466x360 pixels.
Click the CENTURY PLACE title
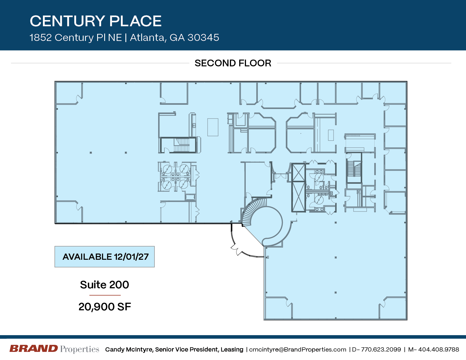click(96, 21)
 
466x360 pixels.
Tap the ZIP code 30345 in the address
click(203, 38)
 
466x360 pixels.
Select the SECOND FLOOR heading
click(233, 63)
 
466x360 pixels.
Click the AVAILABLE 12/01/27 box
click(105, 257)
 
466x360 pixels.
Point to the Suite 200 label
click(104, 285)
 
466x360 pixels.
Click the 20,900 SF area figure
click(105, 307)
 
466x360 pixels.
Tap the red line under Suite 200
click(105, 295)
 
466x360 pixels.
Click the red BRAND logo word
click(34, 349)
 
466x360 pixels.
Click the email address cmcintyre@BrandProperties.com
click(298, 350)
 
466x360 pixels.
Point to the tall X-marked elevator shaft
click(299, 188)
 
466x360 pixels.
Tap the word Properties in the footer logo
click(80, 349)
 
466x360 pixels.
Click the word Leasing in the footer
click(232, 350)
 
